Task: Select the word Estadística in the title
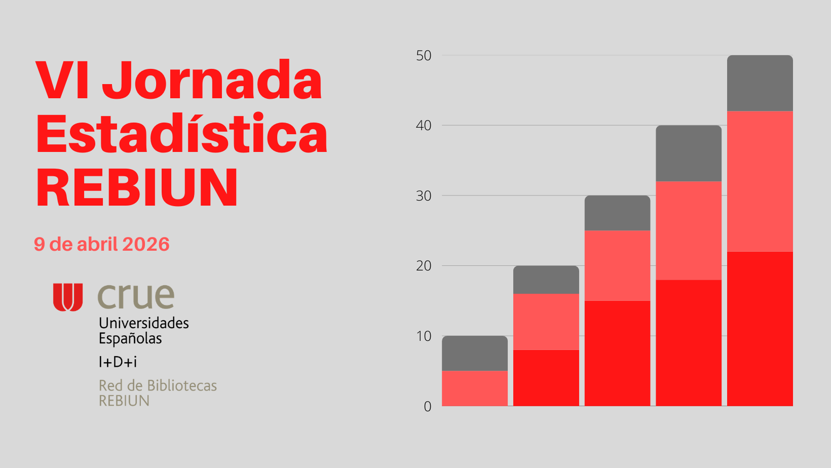coord(182,134)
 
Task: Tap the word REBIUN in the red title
coord(137,188)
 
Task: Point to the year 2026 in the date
coord(145,244)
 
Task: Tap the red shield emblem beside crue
coord(68,297)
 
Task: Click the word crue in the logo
coord(136,296)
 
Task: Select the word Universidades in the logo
coord(144,323)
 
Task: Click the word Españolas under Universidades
coord(130,338)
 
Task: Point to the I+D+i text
coord(118,362)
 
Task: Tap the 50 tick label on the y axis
coord(424,56)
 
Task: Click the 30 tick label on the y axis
coord(424,196)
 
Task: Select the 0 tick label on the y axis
coord(428,406)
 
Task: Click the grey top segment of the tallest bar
coord(760,83)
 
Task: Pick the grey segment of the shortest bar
coord(474,353)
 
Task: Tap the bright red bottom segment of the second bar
coord(546,377)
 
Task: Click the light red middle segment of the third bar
coord(617,265)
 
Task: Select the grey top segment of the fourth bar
coord(688,153)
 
